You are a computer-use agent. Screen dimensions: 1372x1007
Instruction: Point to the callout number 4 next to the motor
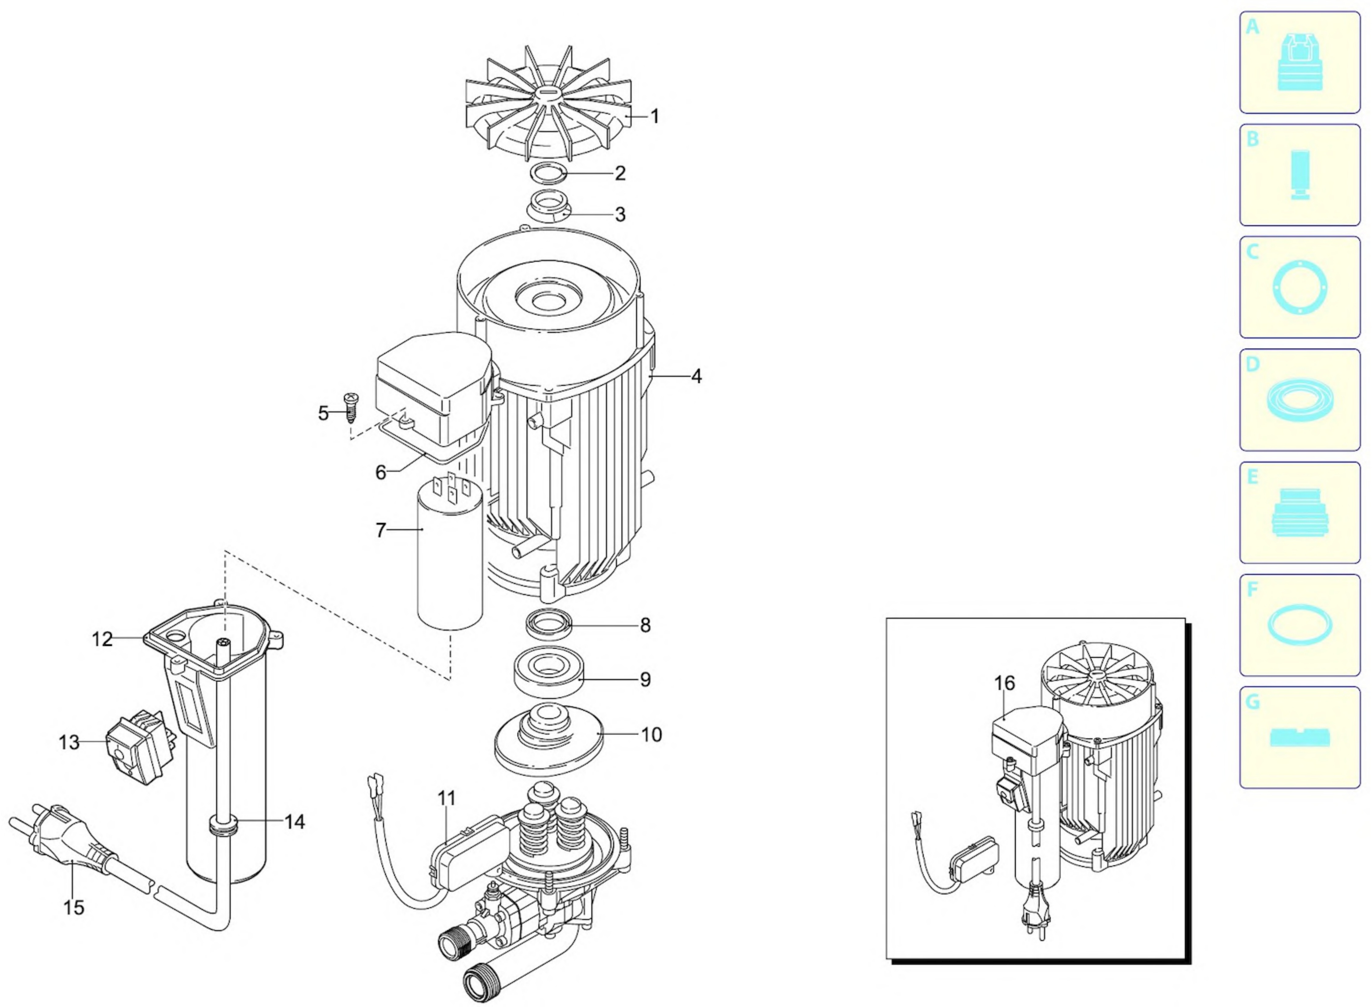click(696, 376)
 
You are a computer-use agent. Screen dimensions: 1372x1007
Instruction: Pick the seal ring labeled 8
click(549, 624)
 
